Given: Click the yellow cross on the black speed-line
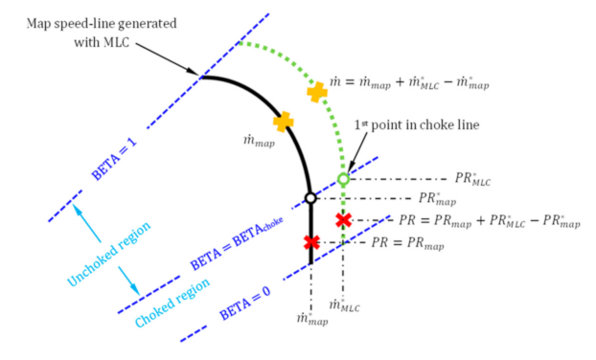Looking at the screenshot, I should pos(283,122).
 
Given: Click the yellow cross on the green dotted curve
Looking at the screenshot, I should pos(317,92).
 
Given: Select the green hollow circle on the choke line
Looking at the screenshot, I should pos(343,179).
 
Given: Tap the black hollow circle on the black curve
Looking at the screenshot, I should pos(309,198).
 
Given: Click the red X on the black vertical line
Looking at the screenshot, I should pos(309,243).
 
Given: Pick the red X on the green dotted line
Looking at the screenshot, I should pos(343,221).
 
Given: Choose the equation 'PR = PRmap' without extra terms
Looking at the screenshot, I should pos(406,245).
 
